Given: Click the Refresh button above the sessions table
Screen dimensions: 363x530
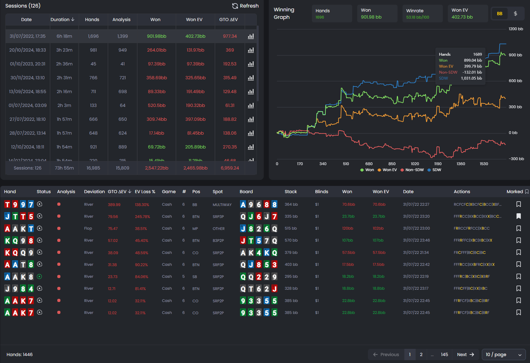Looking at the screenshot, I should pyautogui.click(x=245, y=6).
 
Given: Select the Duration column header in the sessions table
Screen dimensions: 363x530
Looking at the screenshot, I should pyautogui.click(x=62, y=20).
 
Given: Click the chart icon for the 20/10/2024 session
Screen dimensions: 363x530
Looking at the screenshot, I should pyautogui.click(x=251, y=50).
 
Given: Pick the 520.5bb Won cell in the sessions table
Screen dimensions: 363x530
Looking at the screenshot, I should pyautogui.click(x=156, y=105).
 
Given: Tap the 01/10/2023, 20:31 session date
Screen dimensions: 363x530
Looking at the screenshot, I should pyautogui.click(x=28, y=64).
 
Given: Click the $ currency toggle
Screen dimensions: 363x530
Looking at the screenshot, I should pyautogui.click(x=515, y=14).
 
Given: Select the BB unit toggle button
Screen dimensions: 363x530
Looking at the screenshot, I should pyautogui.click(x=499, y=14).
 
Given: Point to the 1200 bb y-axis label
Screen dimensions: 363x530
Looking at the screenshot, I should pyautogui.click(x=516, y=29).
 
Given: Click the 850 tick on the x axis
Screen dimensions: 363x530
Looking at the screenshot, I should pyautogui.click(x=392, y=164).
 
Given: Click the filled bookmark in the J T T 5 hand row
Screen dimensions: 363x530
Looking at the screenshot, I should pyautogui.click(x=518, y=216).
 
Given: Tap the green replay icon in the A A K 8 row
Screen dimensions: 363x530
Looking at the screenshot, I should pyautogui.click(x=40, y=276).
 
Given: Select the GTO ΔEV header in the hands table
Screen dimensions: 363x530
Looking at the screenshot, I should pyautogui.click(x=119, y=192).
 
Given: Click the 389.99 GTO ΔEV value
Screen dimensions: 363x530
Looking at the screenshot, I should pyautogui.click(x=114, y=204).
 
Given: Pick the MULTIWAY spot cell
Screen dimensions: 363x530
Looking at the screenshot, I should pyautogui.click(x=222, y=205).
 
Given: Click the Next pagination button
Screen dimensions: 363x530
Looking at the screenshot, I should pyautogui.click(x=465, y=355).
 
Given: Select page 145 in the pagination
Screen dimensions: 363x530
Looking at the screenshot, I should pyautogui.click(x=444, y=355).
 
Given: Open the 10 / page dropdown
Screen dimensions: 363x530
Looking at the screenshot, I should pyautogui.click(x=503, y=355).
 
